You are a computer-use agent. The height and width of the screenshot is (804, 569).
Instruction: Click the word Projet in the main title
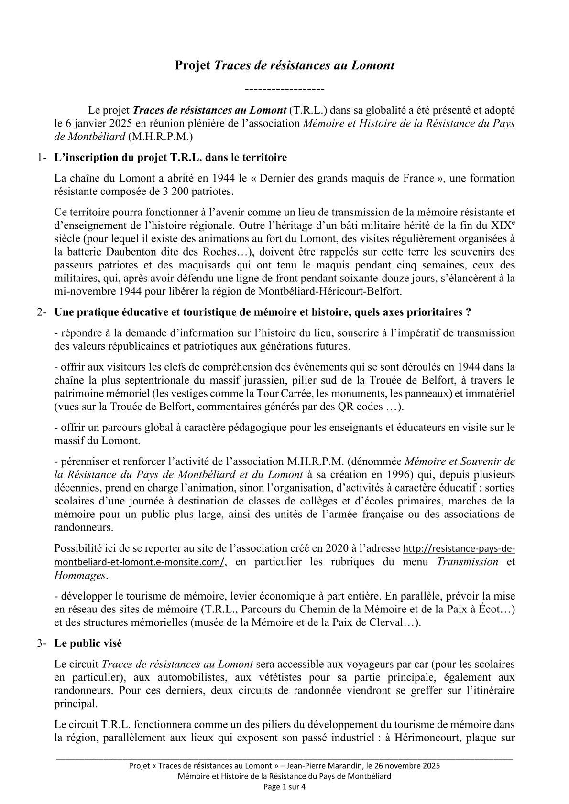(x=192, y=65)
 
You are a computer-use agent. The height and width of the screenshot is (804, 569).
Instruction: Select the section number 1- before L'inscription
(x=42, y=158)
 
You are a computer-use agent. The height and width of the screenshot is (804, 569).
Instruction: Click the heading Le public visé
(x=88, y=643)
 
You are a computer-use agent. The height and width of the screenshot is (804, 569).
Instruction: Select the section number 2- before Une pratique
(x=42, y=312)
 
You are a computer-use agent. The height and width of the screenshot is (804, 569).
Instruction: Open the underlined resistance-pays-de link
(x=459, y=548)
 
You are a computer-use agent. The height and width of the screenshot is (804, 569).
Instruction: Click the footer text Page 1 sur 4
(x=284, y=786)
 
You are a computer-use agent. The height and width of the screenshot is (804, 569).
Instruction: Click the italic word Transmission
(x=467, y=562)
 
